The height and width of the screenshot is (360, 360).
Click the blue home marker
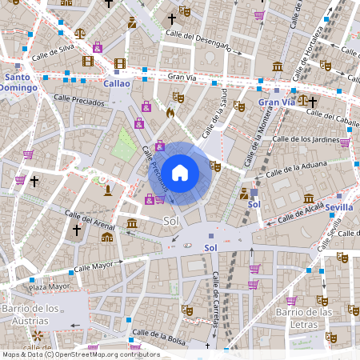180,172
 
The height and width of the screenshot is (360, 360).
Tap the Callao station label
116,82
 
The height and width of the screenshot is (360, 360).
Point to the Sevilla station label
339,207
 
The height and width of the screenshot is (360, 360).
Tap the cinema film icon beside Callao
120,63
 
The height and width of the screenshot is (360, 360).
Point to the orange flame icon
170,114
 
